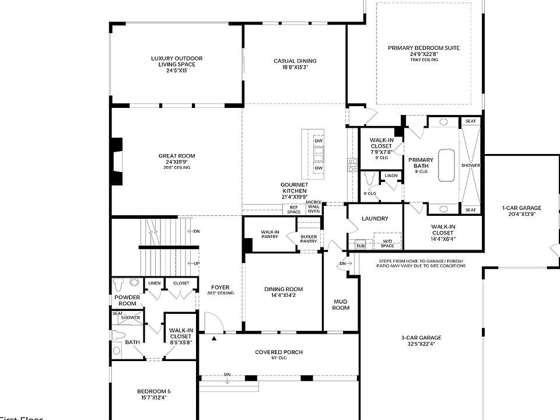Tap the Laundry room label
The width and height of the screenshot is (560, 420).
click(x=374, y=219)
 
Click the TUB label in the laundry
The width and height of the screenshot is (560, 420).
click(x=360, y=246)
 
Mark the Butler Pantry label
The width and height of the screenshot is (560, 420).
click(x=309, y=239)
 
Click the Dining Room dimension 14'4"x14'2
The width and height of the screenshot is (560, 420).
click(x=283, y=295)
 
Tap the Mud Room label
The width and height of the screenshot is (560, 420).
click(x=341, y=304)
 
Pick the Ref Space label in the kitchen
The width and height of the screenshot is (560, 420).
click(x=293, y=209)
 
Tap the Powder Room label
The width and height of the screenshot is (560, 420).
click(x=127, y=300)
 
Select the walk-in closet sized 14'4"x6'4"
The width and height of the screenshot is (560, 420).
click(x=443, y=230)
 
